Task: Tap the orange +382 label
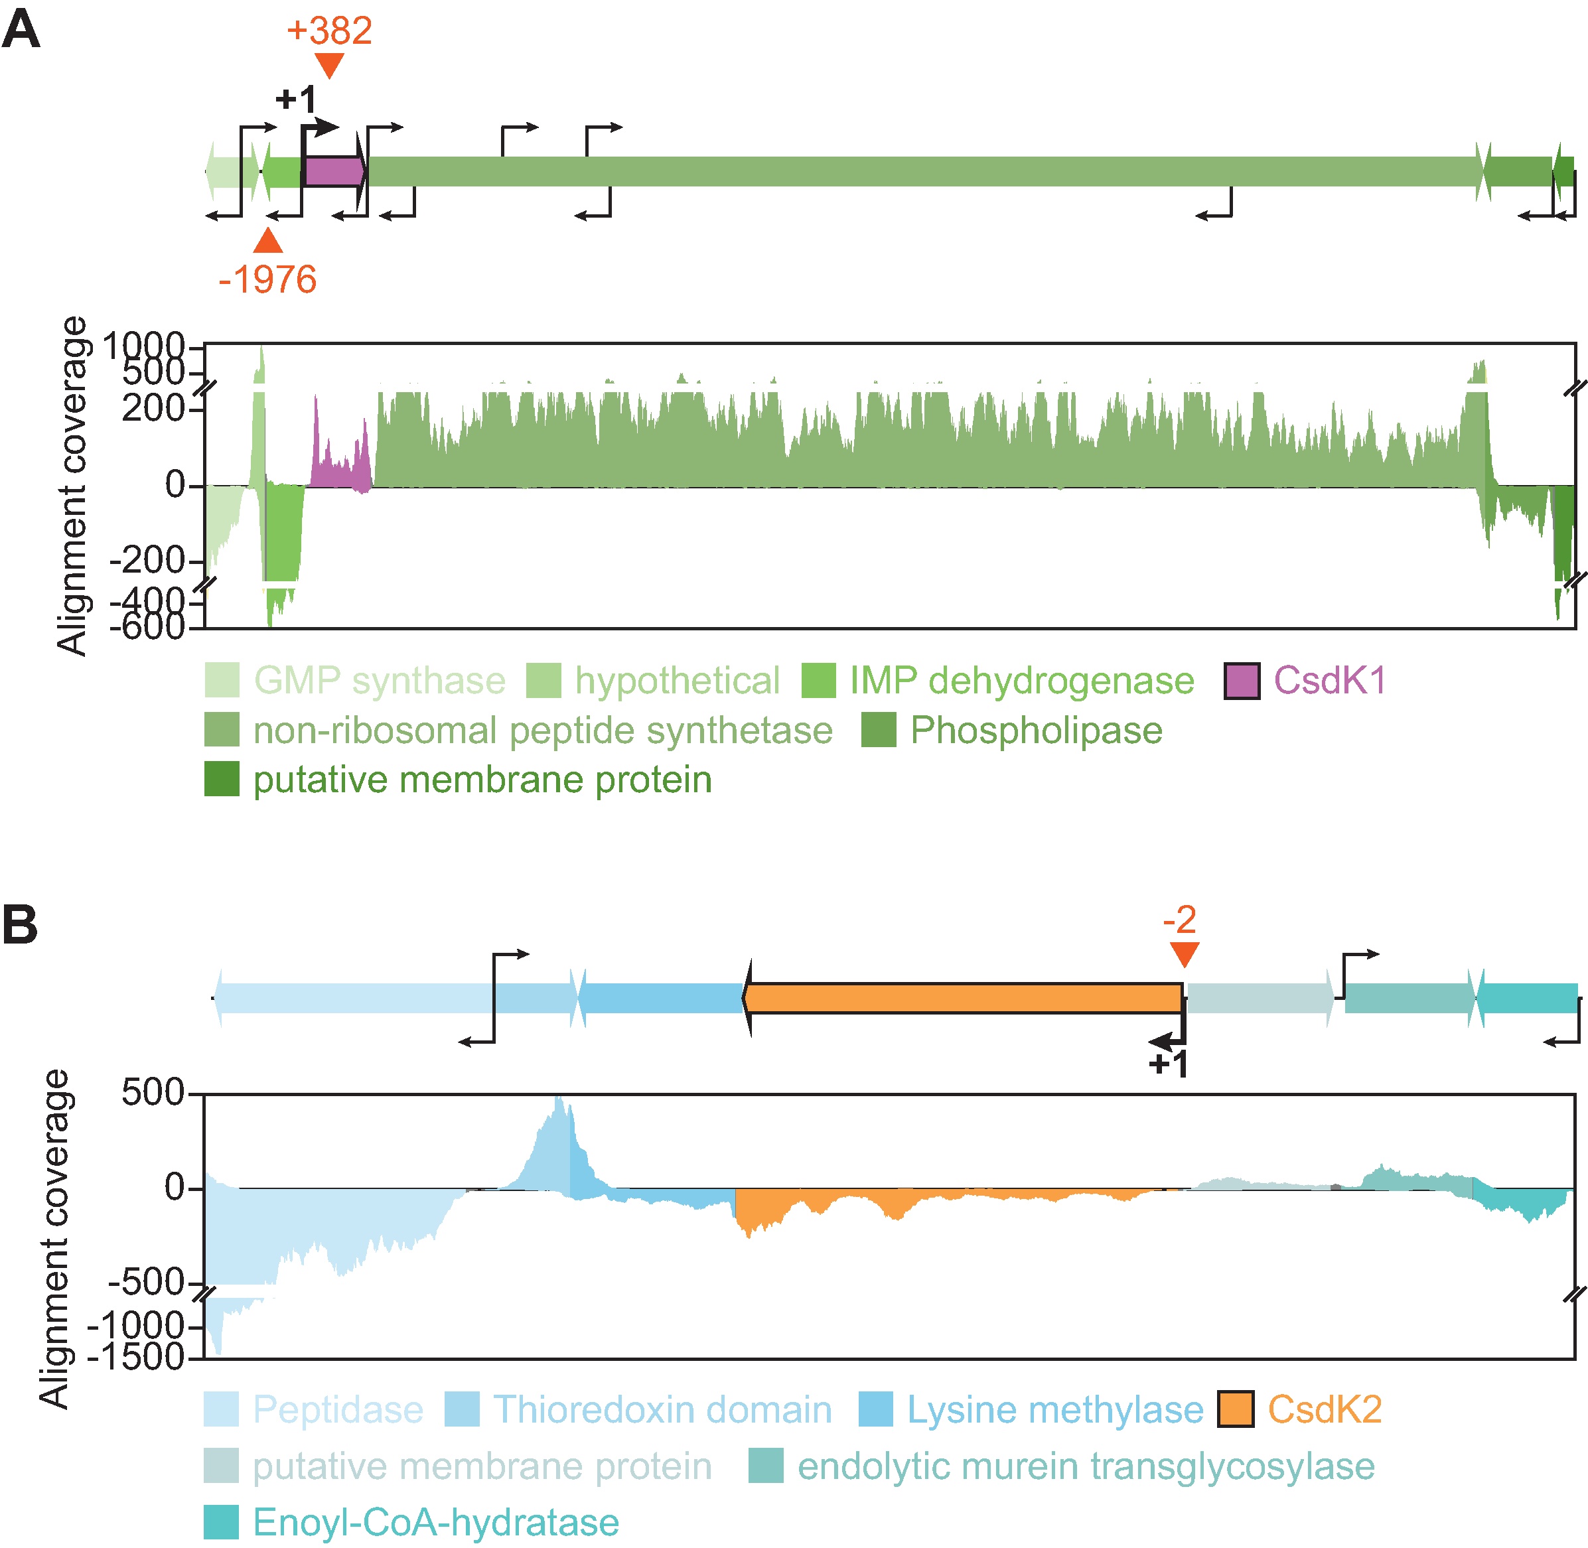[x=328, y=31]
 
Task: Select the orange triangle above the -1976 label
[x=267, y=242]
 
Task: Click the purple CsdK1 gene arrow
[x=333, y=172]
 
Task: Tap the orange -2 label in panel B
[x=1179, y=920]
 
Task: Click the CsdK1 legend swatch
[x=1242, y=681]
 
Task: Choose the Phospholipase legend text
[x=1036, y=730]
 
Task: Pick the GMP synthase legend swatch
[x=221, y=681]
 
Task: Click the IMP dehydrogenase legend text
[x=1021, y=681]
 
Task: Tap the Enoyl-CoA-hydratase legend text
[x=436, y=1522]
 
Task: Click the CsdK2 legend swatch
[x=1235, y=1409]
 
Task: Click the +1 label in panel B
[x=1169, y=1064]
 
